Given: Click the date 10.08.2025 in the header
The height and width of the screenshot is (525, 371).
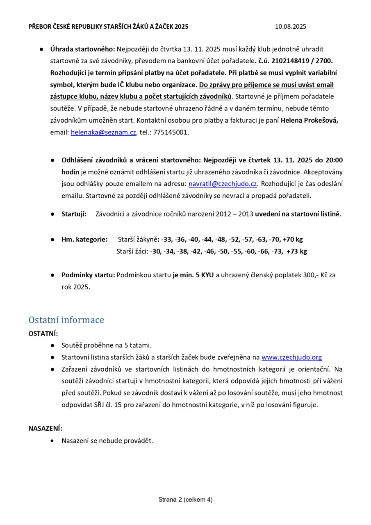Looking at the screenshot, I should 290,27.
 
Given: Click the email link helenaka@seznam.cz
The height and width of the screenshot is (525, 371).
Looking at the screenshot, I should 103,132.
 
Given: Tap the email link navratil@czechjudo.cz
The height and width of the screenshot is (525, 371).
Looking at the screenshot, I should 223,184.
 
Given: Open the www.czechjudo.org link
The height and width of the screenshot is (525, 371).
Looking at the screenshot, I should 291,357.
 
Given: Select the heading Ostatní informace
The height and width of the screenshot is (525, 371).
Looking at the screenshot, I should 66,320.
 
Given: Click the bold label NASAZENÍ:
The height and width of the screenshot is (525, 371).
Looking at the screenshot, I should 45,429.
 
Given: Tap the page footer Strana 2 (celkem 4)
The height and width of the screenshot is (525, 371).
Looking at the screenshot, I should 185,500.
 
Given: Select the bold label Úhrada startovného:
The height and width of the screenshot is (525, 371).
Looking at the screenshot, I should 83,49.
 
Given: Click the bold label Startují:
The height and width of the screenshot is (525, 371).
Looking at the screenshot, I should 74,214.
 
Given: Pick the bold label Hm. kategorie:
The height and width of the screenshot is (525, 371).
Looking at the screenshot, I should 84,239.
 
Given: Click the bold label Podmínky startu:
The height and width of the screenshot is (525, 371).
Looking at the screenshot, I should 88,275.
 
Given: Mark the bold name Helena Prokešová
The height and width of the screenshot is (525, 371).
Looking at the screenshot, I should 309,121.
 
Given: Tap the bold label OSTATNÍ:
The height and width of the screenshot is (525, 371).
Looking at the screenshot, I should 43,333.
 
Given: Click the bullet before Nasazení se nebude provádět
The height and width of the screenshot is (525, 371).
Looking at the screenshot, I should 52,441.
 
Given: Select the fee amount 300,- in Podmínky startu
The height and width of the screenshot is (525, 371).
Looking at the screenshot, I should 311,275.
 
